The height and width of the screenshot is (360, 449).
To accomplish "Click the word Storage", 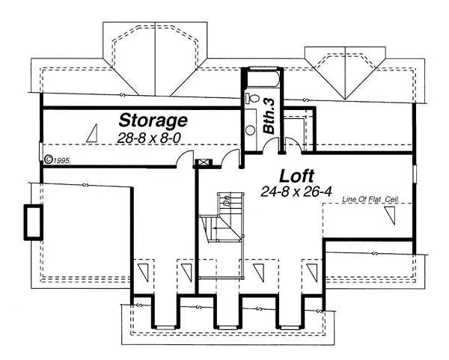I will (x=153, y=120).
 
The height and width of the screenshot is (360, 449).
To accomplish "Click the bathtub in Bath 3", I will (x=261, y=79).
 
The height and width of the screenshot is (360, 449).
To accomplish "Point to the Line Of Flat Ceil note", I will (x=369, y=200).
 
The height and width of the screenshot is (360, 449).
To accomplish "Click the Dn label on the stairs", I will (x=224, y=201).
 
